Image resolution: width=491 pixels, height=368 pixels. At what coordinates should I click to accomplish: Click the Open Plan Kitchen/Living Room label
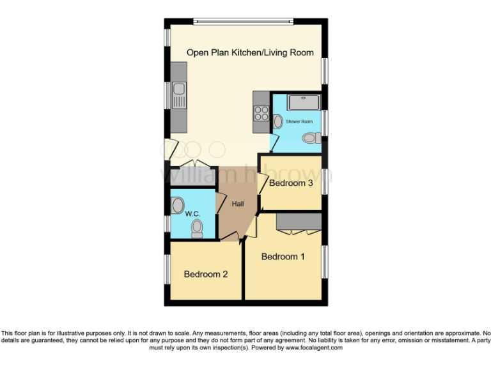(x=250, y=52)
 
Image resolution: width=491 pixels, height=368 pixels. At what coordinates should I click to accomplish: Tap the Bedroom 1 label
(x=283, y=256)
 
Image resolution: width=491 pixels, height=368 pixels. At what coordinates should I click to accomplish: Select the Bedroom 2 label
(x=205, y=274)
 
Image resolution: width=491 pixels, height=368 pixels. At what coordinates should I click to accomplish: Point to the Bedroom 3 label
(x=291, y=183)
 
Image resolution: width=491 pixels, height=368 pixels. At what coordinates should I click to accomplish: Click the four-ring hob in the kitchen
(x=261, y=112)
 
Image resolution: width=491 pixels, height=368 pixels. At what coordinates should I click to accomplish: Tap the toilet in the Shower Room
(x=312, y=137)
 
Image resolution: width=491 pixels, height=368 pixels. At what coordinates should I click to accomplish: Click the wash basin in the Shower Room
(x=277, y=121)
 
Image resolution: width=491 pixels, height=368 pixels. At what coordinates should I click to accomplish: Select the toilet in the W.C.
(x=197, y=229)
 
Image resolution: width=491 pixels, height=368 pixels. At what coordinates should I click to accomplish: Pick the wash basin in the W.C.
(x=177, y=205)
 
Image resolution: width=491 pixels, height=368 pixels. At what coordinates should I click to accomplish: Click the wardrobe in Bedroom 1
(x=299, y=221)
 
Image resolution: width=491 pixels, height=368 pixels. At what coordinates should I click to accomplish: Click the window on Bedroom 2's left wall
(x=168, y=272)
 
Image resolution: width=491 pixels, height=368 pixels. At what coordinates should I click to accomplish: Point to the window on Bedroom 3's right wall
(x=324, y=181)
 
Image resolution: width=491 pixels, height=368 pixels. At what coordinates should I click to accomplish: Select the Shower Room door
(x=272, y=142)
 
